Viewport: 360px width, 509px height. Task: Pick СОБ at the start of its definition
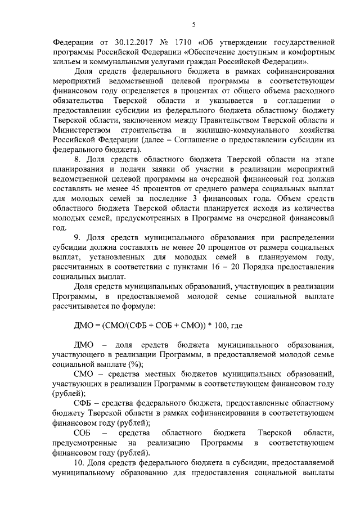(x=83, y=433)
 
